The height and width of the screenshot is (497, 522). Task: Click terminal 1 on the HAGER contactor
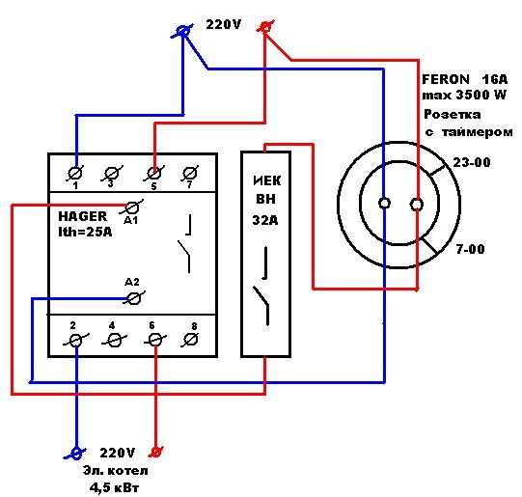tap(75, 174)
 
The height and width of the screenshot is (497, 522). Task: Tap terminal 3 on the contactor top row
tap(111, 174)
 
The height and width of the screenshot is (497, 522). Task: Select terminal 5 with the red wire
tap(153, 174)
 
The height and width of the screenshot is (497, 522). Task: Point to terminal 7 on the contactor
tap(190, 174)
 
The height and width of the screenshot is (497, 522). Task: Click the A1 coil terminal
tap(132, 207)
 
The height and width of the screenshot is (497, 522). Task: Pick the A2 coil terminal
tap(134, 297)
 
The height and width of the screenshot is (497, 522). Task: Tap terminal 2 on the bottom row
tap(76, 341)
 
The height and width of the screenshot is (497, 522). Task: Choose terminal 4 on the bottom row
tap(114, 341)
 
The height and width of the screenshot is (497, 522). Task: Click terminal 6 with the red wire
tap(155, 341)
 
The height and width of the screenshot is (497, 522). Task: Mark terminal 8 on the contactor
tap(190, 341)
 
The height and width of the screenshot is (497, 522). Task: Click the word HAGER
tap(83, 216)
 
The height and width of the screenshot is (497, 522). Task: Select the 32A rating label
tap(265, 220)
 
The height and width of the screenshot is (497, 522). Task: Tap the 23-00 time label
tap(472, 162)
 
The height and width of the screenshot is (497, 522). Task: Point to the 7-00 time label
tap(470, 249)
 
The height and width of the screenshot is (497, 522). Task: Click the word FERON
tap(446, 79)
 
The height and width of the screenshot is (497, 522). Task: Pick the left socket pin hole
tap(385, 203)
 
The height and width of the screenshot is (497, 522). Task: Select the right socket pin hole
tap(417, 204)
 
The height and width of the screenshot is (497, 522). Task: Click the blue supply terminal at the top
tap(181, 32)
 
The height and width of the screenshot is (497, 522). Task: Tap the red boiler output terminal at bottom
tap(156, 452)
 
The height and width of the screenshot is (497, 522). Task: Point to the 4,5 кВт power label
tap(114, 488)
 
